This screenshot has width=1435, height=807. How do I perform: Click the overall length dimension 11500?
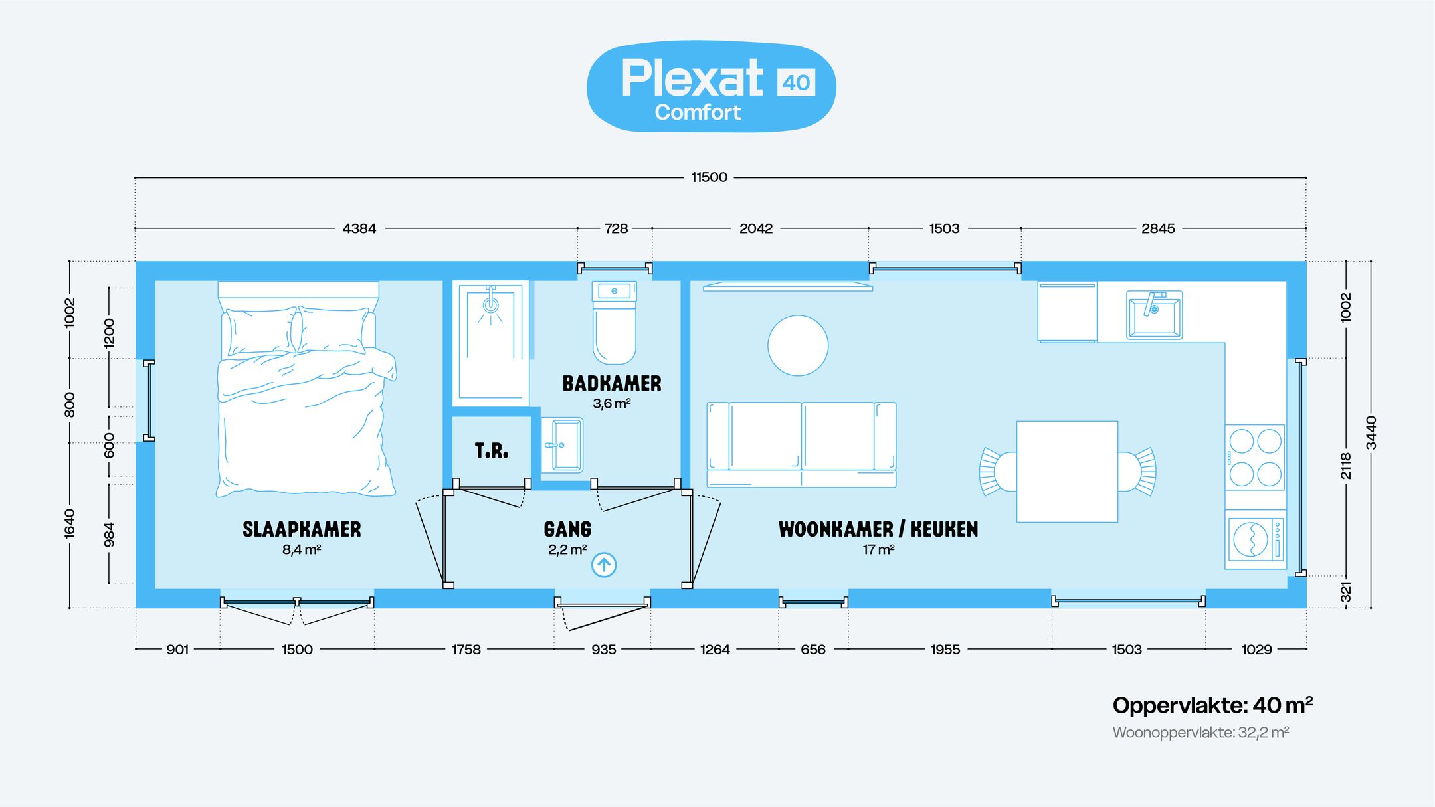pos(709,177)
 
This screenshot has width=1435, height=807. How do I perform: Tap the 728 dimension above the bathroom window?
pos(616,228)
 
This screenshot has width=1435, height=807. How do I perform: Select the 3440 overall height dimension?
pos(1371,432)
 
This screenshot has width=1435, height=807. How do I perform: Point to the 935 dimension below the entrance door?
pos(603,649)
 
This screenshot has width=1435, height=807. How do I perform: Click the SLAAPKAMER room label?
pos(302,529)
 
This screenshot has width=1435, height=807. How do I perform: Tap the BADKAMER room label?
pos(612,383)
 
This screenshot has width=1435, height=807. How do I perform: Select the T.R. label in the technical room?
pos(492,451)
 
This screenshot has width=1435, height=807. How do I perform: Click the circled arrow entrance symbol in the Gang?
pos(604,565)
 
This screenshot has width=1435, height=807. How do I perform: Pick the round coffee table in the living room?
pos(798,345)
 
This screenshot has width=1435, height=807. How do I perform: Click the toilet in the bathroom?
pos(615,323)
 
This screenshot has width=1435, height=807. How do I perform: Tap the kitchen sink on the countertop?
pos(1154,315)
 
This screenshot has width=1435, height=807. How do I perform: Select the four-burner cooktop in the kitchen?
pos(1255,458)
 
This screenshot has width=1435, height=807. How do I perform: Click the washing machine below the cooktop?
pos(1255,539)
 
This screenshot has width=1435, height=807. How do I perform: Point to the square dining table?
pos(1067,472)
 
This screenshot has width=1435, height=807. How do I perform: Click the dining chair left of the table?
pos(999,472)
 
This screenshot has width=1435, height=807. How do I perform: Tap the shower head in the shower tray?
pos(490,304)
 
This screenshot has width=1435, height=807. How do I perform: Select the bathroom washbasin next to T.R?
pos(562,445)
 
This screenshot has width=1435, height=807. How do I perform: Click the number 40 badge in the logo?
pos(796,82)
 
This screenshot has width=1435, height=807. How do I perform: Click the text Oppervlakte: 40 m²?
pos(1212,705)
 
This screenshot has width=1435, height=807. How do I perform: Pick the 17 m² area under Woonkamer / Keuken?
pos(878,549)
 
